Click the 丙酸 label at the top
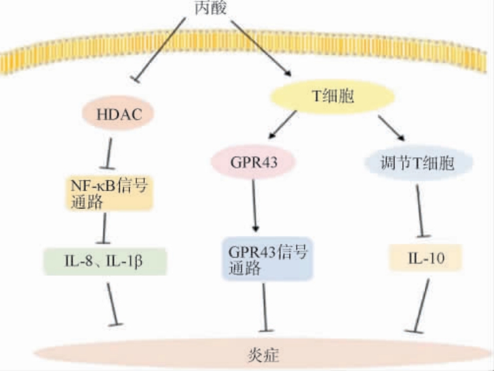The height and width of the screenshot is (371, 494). (211, 8)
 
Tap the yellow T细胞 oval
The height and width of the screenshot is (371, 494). (332, 96)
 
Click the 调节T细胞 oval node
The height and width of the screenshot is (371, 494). (418, 162)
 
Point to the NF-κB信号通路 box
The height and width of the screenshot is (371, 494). (110, 192)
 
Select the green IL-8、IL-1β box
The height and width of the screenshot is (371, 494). (105, 261)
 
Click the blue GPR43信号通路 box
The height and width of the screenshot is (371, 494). (267, 259)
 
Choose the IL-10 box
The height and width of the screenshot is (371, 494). (425, 258)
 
